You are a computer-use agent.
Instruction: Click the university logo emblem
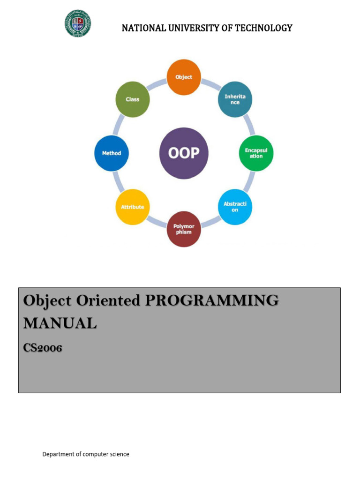78,23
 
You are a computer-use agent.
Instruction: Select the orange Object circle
184,77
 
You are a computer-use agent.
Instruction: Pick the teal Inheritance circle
235,99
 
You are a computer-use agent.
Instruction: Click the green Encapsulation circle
256,153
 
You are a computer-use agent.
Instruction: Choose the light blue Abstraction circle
235,207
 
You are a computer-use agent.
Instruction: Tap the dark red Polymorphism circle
184,229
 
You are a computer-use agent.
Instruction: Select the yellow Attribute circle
132,207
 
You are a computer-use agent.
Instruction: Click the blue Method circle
112,153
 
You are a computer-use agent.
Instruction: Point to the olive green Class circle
132,99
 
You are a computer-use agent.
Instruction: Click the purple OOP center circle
184,153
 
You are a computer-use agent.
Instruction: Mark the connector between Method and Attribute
118,180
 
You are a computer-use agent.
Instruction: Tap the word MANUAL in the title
60,323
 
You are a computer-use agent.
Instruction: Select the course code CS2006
43,348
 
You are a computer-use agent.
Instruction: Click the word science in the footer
119,454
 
